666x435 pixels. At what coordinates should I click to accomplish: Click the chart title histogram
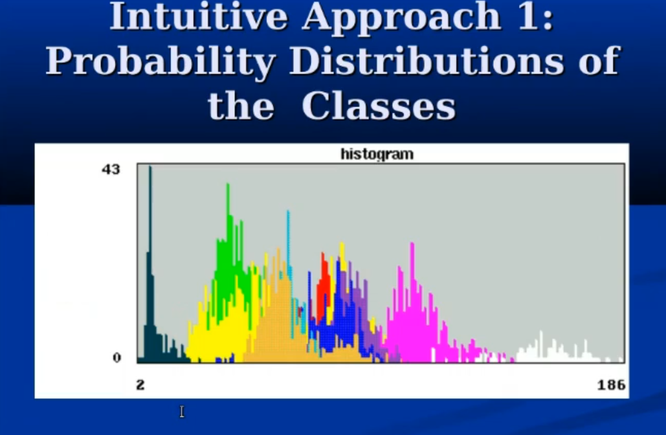[377, 154]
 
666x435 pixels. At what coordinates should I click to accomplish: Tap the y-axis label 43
[111, 170]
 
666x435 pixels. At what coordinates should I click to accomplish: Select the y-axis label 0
[117, 357]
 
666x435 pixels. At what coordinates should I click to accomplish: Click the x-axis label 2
[140, 385]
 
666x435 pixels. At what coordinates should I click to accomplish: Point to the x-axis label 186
[611, 385]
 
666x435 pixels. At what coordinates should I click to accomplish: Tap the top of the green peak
[228, 184]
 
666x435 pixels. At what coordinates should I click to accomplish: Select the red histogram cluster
[324, 282]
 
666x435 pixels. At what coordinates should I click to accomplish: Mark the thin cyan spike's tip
[288, 211]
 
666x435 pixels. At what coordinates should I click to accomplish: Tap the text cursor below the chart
[181, 412]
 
